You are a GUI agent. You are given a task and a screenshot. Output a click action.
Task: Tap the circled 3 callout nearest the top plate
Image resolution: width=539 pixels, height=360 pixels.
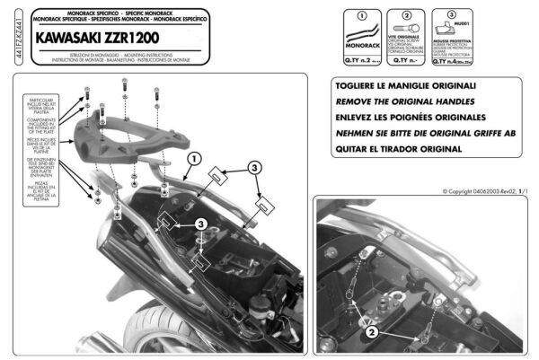[254, 167]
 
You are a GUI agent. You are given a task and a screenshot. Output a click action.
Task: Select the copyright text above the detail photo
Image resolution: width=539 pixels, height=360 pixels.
[483, 191]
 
